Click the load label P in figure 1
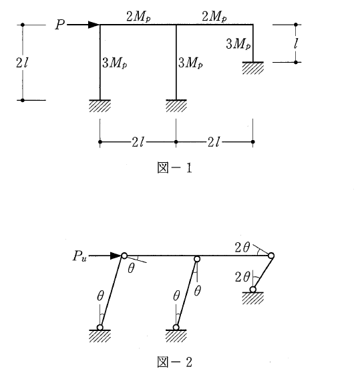60,25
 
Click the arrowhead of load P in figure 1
94,25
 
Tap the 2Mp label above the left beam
138,17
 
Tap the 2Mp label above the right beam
214,17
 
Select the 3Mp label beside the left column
115,63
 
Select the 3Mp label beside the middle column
190,63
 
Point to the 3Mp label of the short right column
238,44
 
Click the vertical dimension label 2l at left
22,63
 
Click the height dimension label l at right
295,43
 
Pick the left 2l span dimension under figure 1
138,142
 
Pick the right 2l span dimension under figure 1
214,142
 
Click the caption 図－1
174,167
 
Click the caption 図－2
174,362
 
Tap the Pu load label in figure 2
79,256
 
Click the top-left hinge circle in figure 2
124,256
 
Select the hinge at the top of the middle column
197,259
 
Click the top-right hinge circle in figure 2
271,256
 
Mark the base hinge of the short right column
252,290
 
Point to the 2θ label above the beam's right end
242,248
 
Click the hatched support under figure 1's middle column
176,106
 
